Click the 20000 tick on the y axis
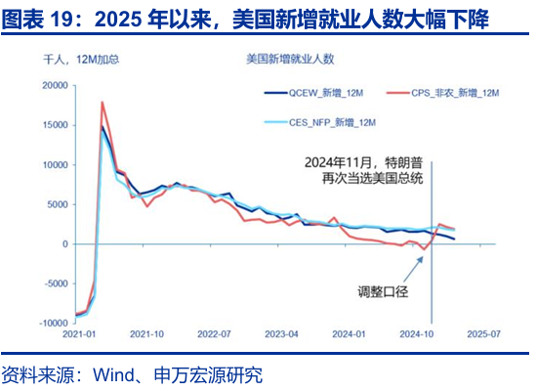[54, 86]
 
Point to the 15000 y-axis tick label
[54, 125]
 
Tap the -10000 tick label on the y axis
[51, 324]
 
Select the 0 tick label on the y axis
[64, 244]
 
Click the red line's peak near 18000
[103, 102]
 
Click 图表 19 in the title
[41, 19]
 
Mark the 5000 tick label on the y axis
[57, 204]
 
